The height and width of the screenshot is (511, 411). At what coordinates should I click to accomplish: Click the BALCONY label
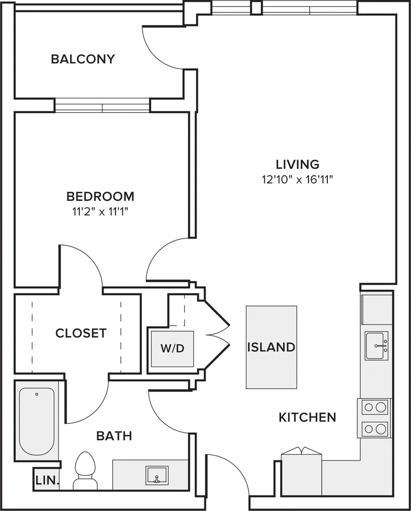(83, 59)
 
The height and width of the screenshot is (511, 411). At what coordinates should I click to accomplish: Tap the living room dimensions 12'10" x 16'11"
(297, 180)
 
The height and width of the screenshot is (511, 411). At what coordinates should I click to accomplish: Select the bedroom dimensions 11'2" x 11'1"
(100, 212)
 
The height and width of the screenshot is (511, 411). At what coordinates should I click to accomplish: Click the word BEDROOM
(100, 196)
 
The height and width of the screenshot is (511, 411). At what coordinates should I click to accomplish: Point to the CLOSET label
(81, 333)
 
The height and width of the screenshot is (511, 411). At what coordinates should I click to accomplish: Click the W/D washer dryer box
(172, 349)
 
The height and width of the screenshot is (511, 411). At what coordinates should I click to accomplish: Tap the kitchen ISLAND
(271, 347)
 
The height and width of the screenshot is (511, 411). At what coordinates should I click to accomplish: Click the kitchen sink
(376, 345)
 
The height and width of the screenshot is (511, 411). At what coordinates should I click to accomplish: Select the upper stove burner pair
(375, 407)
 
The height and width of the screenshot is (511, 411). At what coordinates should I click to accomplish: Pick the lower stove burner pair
(375, 429)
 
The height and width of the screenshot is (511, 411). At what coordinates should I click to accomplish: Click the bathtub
(37, 421)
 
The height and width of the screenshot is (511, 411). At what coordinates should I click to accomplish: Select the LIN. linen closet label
(47, 480)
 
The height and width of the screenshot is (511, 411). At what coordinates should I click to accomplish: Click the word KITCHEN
(307, 417)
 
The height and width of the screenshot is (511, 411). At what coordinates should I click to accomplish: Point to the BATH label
(114, 436)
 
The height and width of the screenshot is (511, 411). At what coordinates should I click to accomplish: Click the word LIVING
(297, 164)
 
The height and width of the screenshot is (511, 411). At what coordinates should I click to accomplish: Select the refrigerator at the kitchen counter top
(377, 309)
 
